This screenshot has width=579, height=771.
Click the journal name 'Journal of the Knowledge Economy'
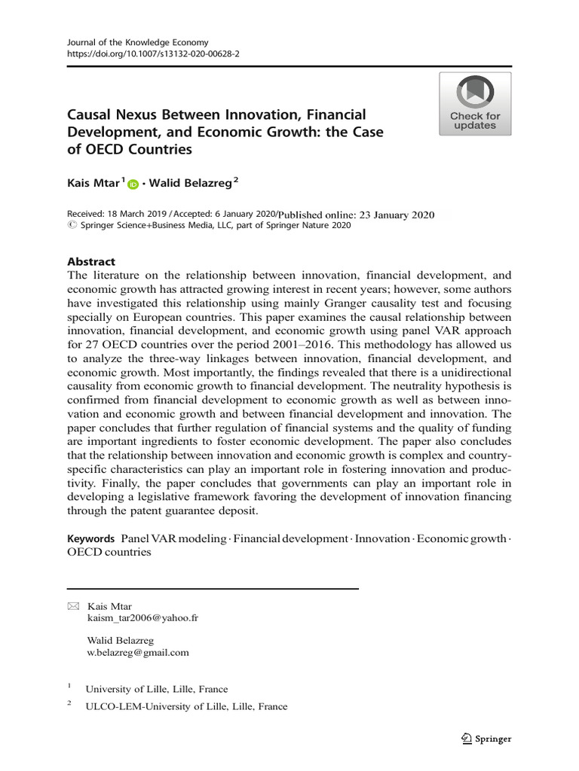(x=138, y=43)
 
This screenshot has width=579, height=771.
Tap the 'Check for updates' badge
(x=475, y=104)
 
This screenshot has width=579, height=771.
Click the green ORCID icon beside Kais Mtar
(x=133, y=184)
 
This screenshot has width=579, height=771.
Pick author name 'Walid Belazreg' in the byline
(x=191, y=183)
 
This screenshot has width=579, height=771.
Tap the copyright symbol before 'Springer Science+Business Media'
(x=72, y=225)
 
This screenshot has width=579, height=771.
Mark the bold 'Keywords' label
(x=90, y=538)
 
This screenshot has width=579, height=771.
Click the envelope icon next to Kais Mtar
(x=72, y=606)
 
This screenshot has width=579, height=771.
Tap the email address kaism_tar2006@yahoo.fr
(x=143, y=618)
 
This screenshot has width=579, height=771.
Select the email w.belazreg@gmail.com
(x=138, y=653)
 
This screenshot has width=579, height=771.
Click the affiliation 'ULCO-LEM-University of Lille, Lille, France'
(x=186, y=706)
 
